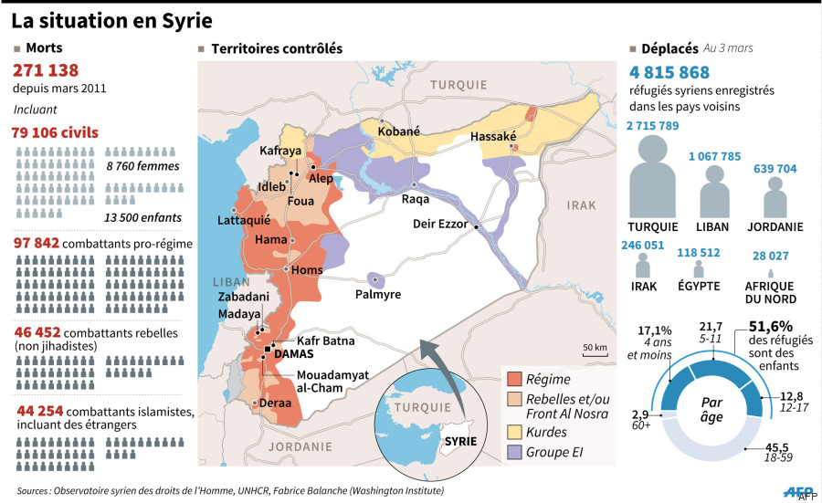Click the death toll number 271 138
click(x=46, y=70)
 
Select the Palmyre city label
click(x=377, y=294)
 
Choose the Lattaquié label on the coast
click(x=244, y=220)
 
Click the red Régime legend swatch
click(x=513, y=379)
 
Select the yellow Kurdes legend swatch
click(x=513, y=429)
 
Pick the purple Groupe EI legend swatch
click(x=513, y=451)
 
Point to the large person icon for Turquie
click(x=652, y=177)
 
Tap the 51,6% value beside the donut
click(x=770, y=326)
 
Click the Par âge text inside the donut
click(x=718, y=410)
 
